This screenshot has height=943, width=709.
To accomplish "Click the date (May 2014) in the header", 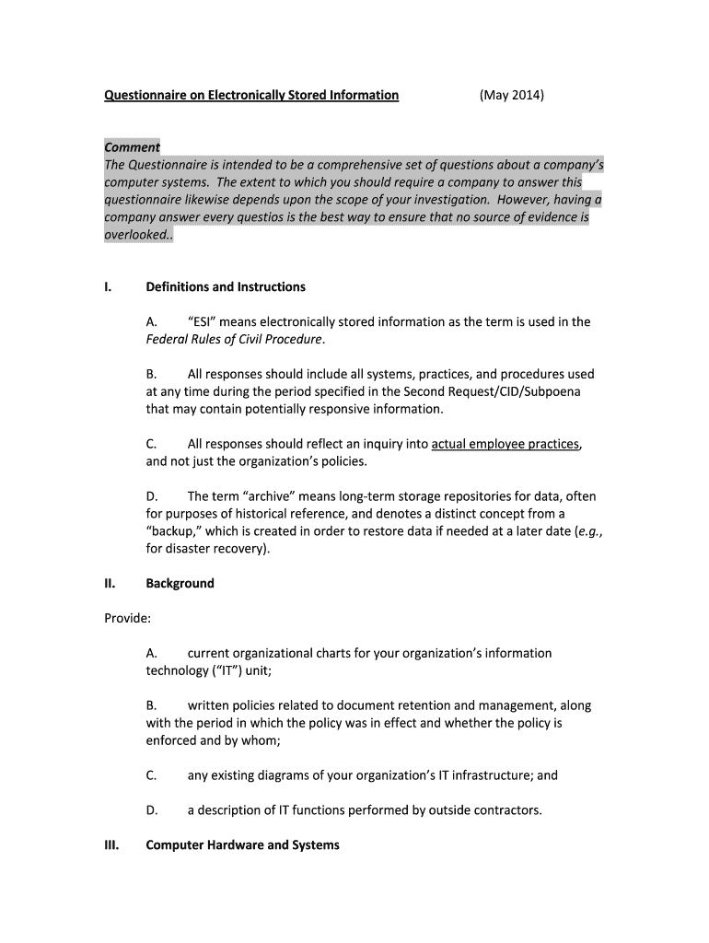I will click(x=511, y=95).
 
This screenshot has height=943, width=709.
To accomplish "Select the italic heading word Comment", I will click(x=132, y=147).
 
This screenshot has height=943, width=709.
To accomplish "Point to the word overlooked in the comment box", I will click(x=136, y=235).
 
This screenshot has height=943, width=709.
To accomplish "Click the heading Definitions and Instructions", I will click(x=226, y=287).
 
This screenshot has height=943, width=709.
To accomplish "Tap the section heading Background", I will click(x=180, y=584).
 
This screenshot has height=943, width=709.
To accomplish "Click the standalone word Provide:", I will click(x=127, y=619).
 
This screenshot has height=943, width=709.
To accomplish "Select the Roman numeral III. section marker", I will click(x=112, y=845).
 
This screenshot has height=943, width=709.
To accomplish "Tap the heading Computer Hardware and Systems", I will click(x=242, y=845).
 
